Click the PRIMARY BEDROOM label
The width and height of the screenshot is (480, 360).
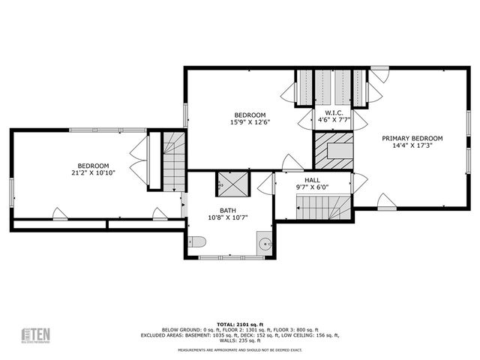tap(412, 138)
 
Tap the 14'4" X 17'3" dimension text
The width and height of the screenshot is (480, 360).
tap(412, 147)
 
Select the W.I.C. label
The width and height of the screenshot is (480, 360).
tap(334, 110)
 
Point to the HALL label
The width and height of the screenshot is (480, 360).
tap(313, 180)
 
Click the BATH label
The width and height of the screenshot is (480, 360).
tap(228, 211)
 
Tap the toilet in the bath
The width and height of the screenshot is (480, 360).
tap(195, 241)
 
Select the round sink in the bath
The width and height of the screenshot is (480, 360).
tap(265, 242)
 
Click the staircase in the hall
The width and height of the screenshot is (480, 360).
tap(322, 206)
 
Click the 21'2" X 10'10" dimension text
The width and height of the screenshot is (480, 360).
tap(94, 174)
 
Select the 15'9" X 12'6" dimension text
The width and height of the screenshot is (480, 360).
tap(249, 122)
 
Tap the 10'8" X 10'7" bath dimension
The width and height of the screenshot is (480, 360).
tap(228, 218)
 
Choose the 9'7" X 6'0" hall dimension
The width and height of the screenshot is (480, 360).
tap(313, 187)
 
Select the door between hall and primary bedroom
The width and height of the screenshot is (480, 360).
tap(359, 182)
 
